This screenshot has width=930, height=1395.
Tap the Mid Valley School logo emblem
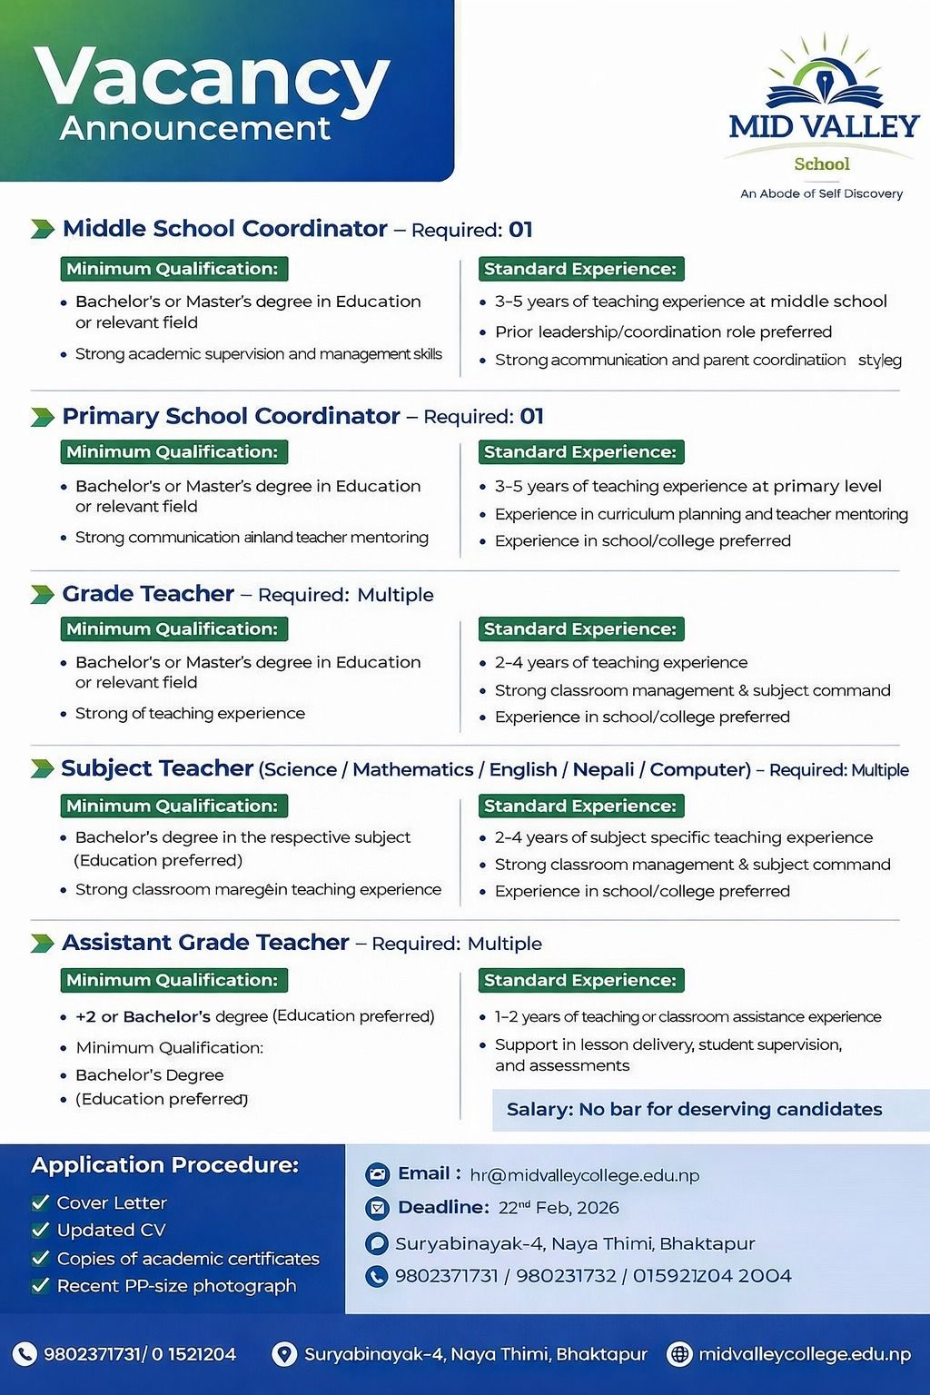pos(824,77)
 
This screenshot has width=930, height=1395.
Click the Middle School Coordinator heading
pos(224,229)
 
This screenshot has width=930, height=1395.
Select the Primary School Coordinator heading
pos(231,416)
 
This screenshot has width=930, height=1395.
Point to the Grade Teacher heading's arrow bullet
pos(42,595)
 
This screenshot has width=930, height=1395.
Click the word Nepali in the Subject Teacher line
pos(603,769)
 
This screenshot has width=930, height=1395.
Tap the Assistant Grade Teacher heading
pos(205,943)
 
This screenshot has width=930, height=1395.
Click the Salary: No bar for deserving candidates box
pos(695,1109)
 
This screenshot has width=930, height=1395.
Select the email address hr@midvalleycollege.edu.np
pos(584,1175)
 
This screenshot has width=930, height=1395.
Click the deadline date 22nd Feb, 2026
pos(559,1208)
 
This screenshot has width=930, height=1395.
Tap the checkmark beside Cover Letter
pos(40,1202)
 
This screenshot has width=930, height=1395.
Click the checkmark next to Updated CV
pos(40,1230)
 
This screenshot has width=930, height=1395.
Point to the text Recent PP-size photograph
pos(176,1286)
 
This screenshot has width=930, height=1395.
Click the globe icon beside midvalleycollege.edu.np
pos(678,1354)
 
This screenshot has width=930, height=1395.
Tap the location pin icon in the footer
pos(284,1354)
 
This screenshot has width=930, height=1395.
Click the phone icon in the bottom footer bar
pos(25,1354)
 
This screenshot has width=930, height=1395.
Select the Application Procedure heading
pos(164,1165)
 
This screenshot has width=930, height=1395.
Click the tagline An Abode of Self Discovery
pos(821,193)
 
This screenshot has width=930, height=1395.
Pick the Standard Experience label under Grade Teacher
pos(580,629)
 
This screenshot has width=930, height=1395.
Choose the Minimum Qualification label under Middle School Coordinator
pos(173,269)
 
